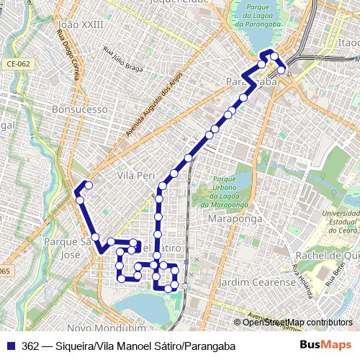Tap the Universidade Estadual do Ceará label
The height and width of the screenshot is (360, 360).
[338, 225]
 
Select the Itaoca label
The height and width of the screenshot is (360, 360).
[348, 44]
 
